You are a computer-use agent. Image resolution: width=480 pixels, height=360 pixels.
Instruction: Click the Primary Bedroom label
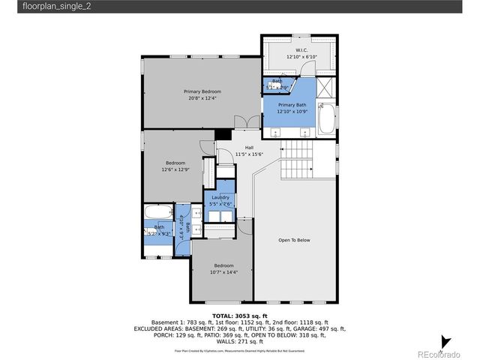tap(202, 91)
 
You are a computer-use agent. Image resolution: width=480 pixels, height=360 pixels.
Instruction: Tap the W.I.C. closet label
tap(302, 52)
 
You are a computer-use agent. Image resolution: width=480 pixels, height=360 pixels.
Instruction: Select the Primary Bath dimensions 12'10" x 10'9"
tap(292, 112)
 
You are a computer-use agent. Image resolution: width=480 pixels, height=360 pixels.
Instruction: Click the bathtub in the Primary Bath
tap(328, 119)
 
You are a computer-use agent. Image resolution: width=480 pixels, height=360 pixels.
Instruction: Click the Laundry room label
tap(220, 197)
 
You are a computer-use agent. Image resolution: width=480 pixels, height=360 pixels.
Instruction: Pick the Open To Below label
tap(294, 240)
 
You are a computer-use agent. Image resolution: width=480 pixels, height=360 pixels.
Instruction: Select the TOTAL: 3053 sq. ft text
tap(240, 316)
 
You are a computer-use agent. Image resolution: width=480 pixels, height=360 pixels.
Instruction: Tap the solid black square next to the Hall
tap(222, 134)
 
